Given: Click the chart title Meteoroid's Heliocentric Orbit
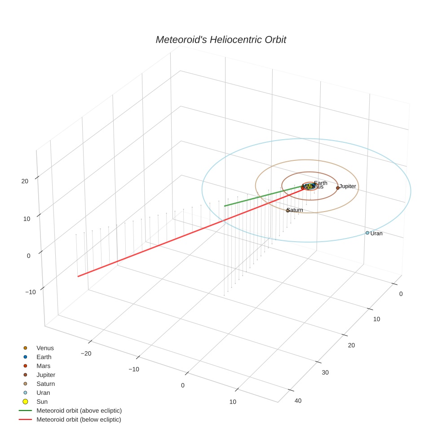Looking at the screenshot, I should (221, 40).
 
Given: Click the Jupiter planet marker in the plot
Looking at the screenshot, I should (338, 188).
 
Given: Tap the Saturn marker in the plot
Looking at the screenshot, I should (287, 211).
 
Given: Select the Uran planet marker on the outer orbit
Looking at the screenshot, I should (367, 233).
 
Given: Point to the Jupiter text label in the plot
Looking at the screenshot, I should (348, 186).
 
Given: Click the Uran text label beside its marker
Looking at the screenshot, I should (376, 234).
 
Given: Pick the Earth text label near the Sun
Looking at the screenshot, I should (321, 183).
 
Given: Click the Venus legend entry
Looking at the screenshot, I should (45, 348).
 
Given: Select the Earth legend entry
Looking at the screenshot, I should (44, 357).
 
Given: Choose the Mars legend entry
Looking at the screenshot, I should (43, 366).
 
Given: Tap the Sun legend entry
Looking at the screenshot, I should (42, 402).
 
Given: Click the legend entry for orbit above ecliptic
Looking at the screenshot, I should (79, 411).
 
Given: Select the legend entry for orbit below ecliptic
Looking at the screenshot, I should (79, 420).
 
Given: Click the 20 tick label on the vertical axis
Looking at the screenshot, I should (25, 181).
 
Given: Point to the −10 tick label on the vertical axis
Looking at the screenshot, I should (31, 292).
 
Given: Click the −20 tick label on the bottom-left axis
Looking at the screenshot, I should (86, 353).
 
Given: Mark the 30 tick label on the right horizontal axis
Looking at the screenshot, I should (325, 372).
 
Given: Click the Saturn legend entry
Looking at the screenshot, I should (45, 384).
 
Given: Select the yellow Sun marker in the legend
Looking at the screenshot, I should (25, 402).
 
